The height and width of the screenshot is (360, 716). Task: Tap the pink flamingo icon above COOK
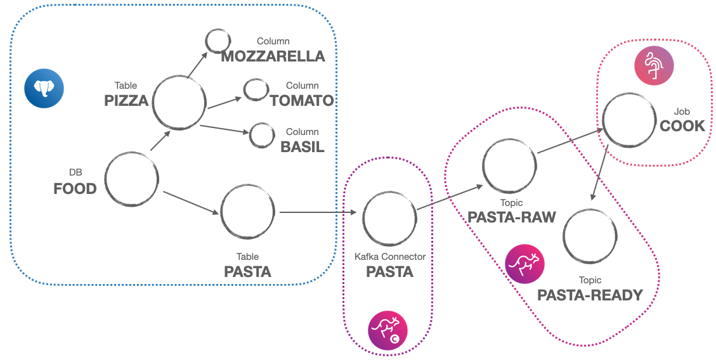point(654,65)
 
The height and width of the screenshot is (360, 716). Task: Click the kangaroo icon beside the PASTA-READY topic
point(524,263)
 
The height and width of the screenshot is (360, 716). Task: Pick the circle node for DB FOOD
point(132,179)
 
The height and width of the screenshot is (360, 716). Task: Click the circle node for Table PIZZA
point(179,103)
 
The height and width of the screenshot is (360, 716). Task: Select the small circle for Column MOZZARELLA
point(218,41)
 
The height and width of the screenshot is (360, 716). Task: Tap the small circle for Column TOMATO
point(256,89)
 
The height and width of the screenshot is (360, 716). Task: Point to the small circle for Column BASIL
point(261,134)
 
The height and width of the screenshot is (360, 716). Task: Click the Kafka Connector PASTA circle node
point(389,218)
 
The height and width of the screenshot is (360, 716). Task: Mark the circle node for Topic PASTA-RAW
point(509,165)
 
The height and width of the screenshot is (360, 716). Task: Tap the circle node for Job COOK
point(629,120)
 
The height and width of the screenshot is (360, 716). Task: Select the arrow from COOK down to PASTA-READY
point(600,175)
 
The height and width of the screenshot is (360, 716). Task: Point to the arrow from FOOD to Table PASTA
point(190,202)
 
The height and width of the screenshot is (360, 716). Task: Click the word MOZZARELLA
point(273,56)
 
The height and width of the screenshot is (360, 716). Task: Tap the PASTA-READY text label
point(590,295)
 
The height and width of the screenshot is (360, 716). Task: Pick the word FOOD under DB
point(75,188)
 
